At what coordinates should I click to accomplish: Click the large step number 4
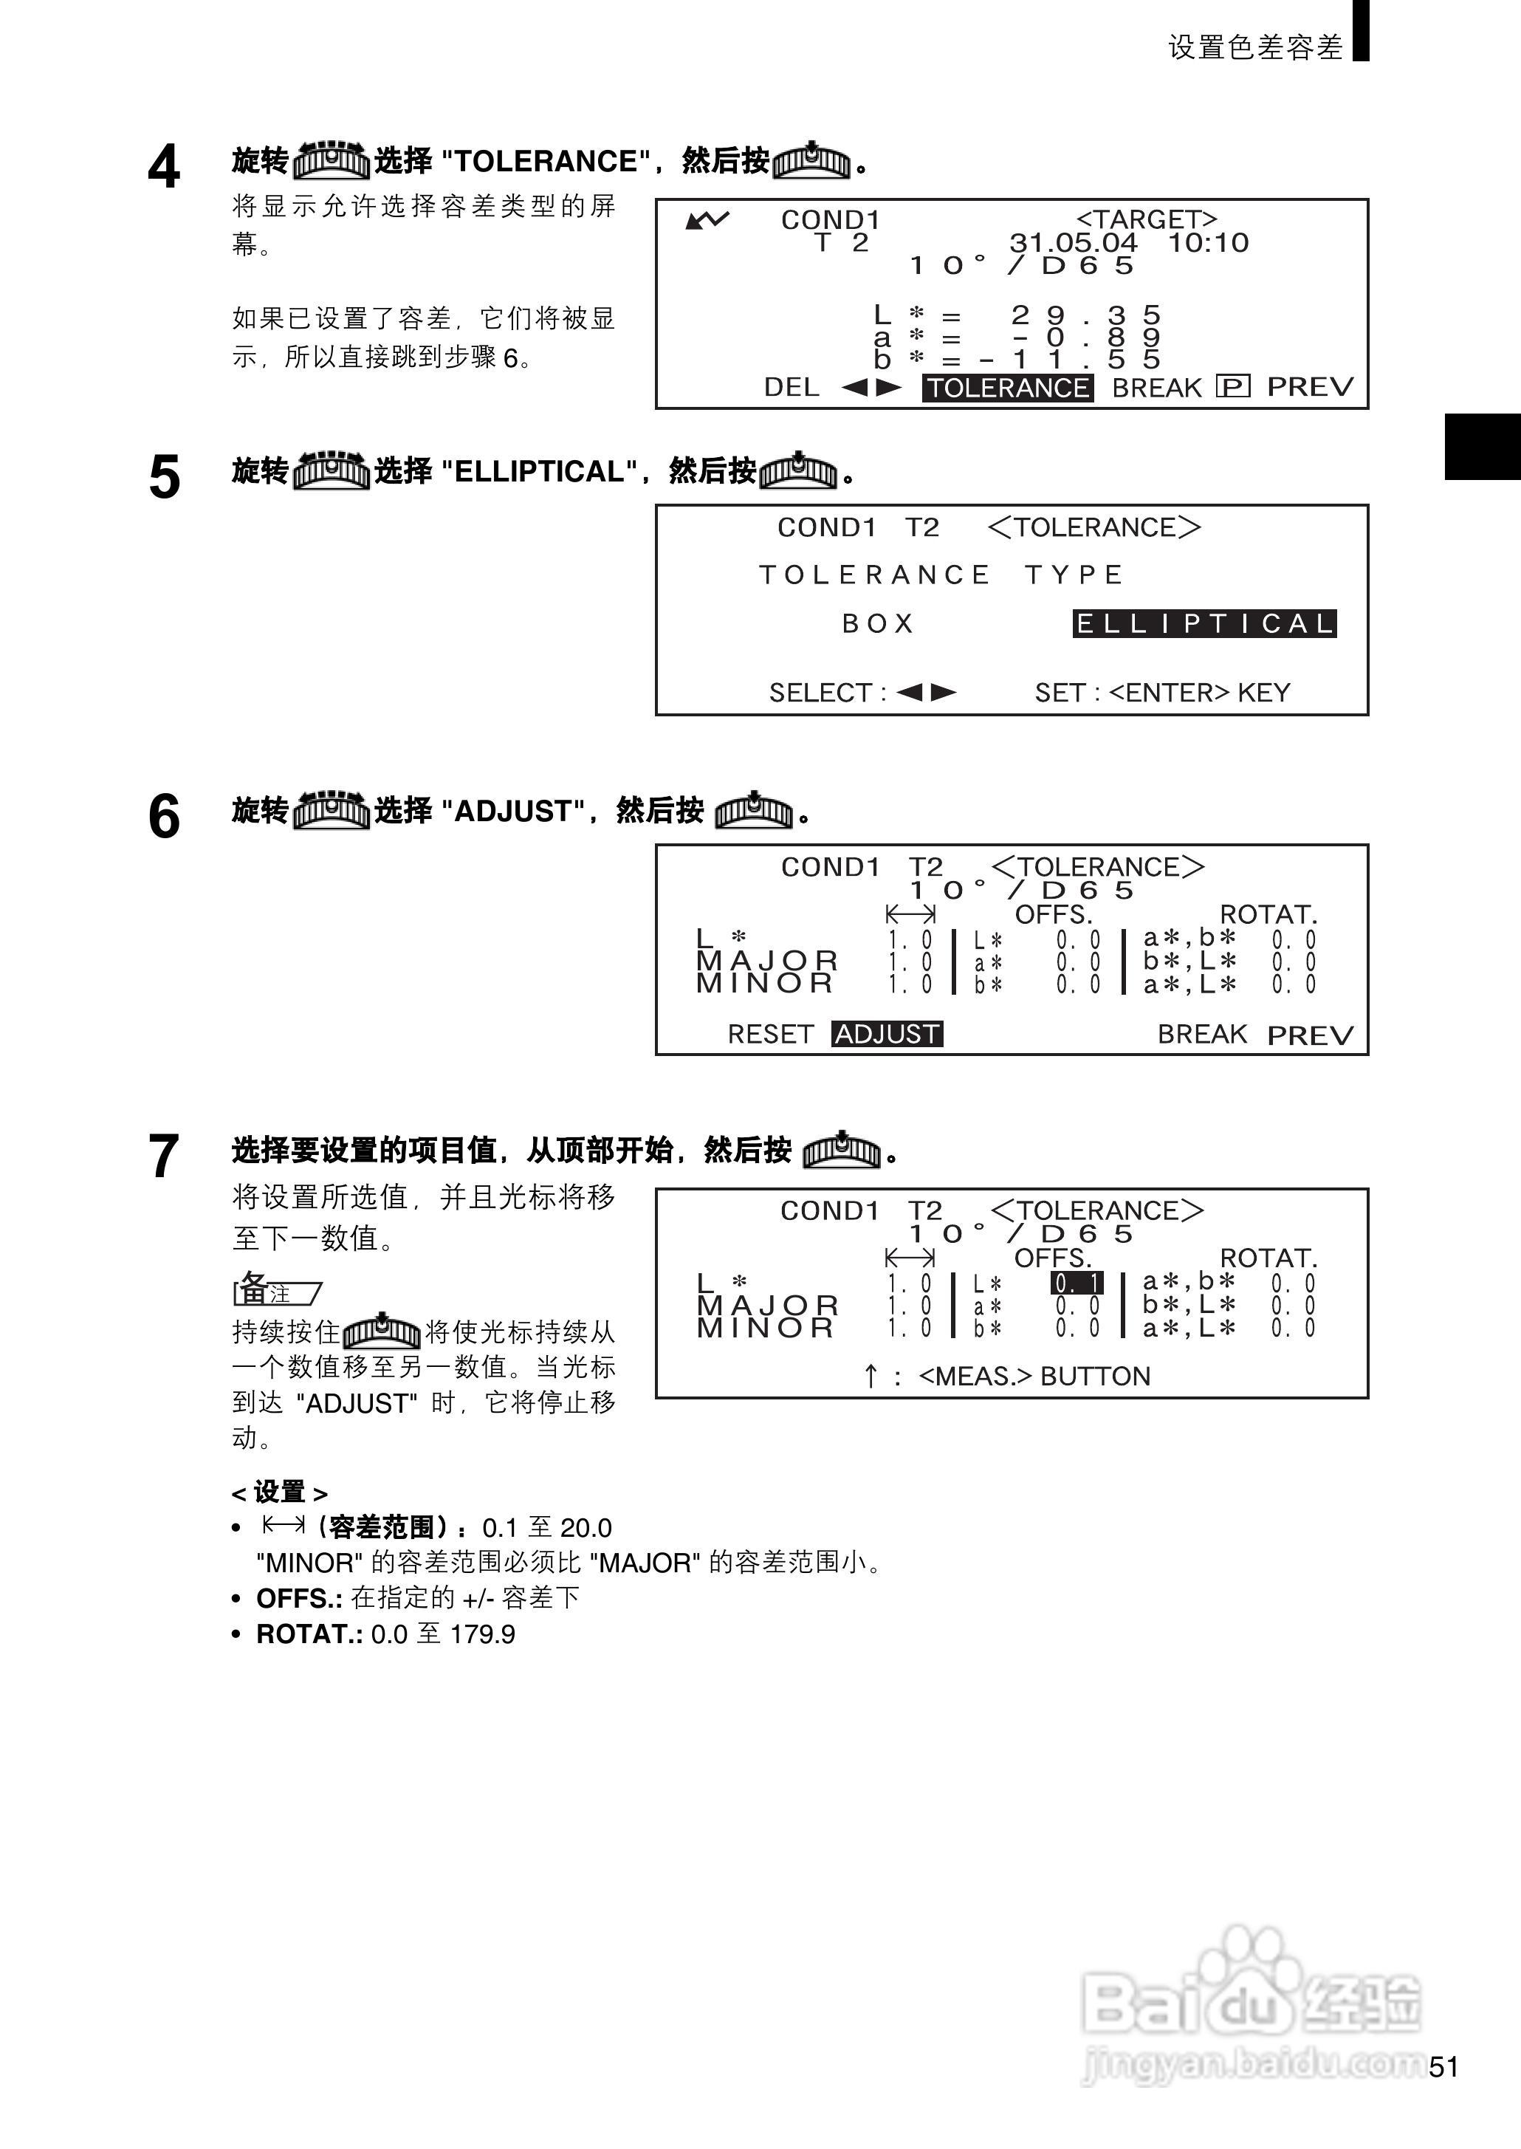164,168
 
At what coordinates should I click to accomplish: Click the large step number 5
164,477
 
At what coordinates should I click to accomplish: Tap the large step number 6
164,816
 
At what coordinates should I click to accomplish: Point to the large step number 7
164,1155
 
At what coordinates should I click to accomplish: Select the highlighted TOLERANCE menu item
1007,388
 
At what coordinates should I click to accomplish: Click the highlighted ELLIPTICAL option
1204,624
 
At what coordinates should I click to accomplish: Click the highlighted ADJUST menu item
886,1034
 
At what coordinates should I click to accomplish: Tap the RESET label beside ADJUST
770,1034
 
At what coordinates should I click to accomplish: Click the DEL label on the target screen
792,388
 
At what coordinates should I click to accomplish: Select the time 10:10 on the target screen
1207,243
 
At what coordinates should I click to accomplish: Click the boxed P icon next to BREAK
1232,387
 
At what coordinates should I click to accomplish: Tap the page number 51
1443,2066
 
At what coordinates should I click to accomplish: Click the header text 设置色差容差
1255,47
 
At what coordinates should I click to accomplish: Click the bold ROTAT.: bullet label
308,1634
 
